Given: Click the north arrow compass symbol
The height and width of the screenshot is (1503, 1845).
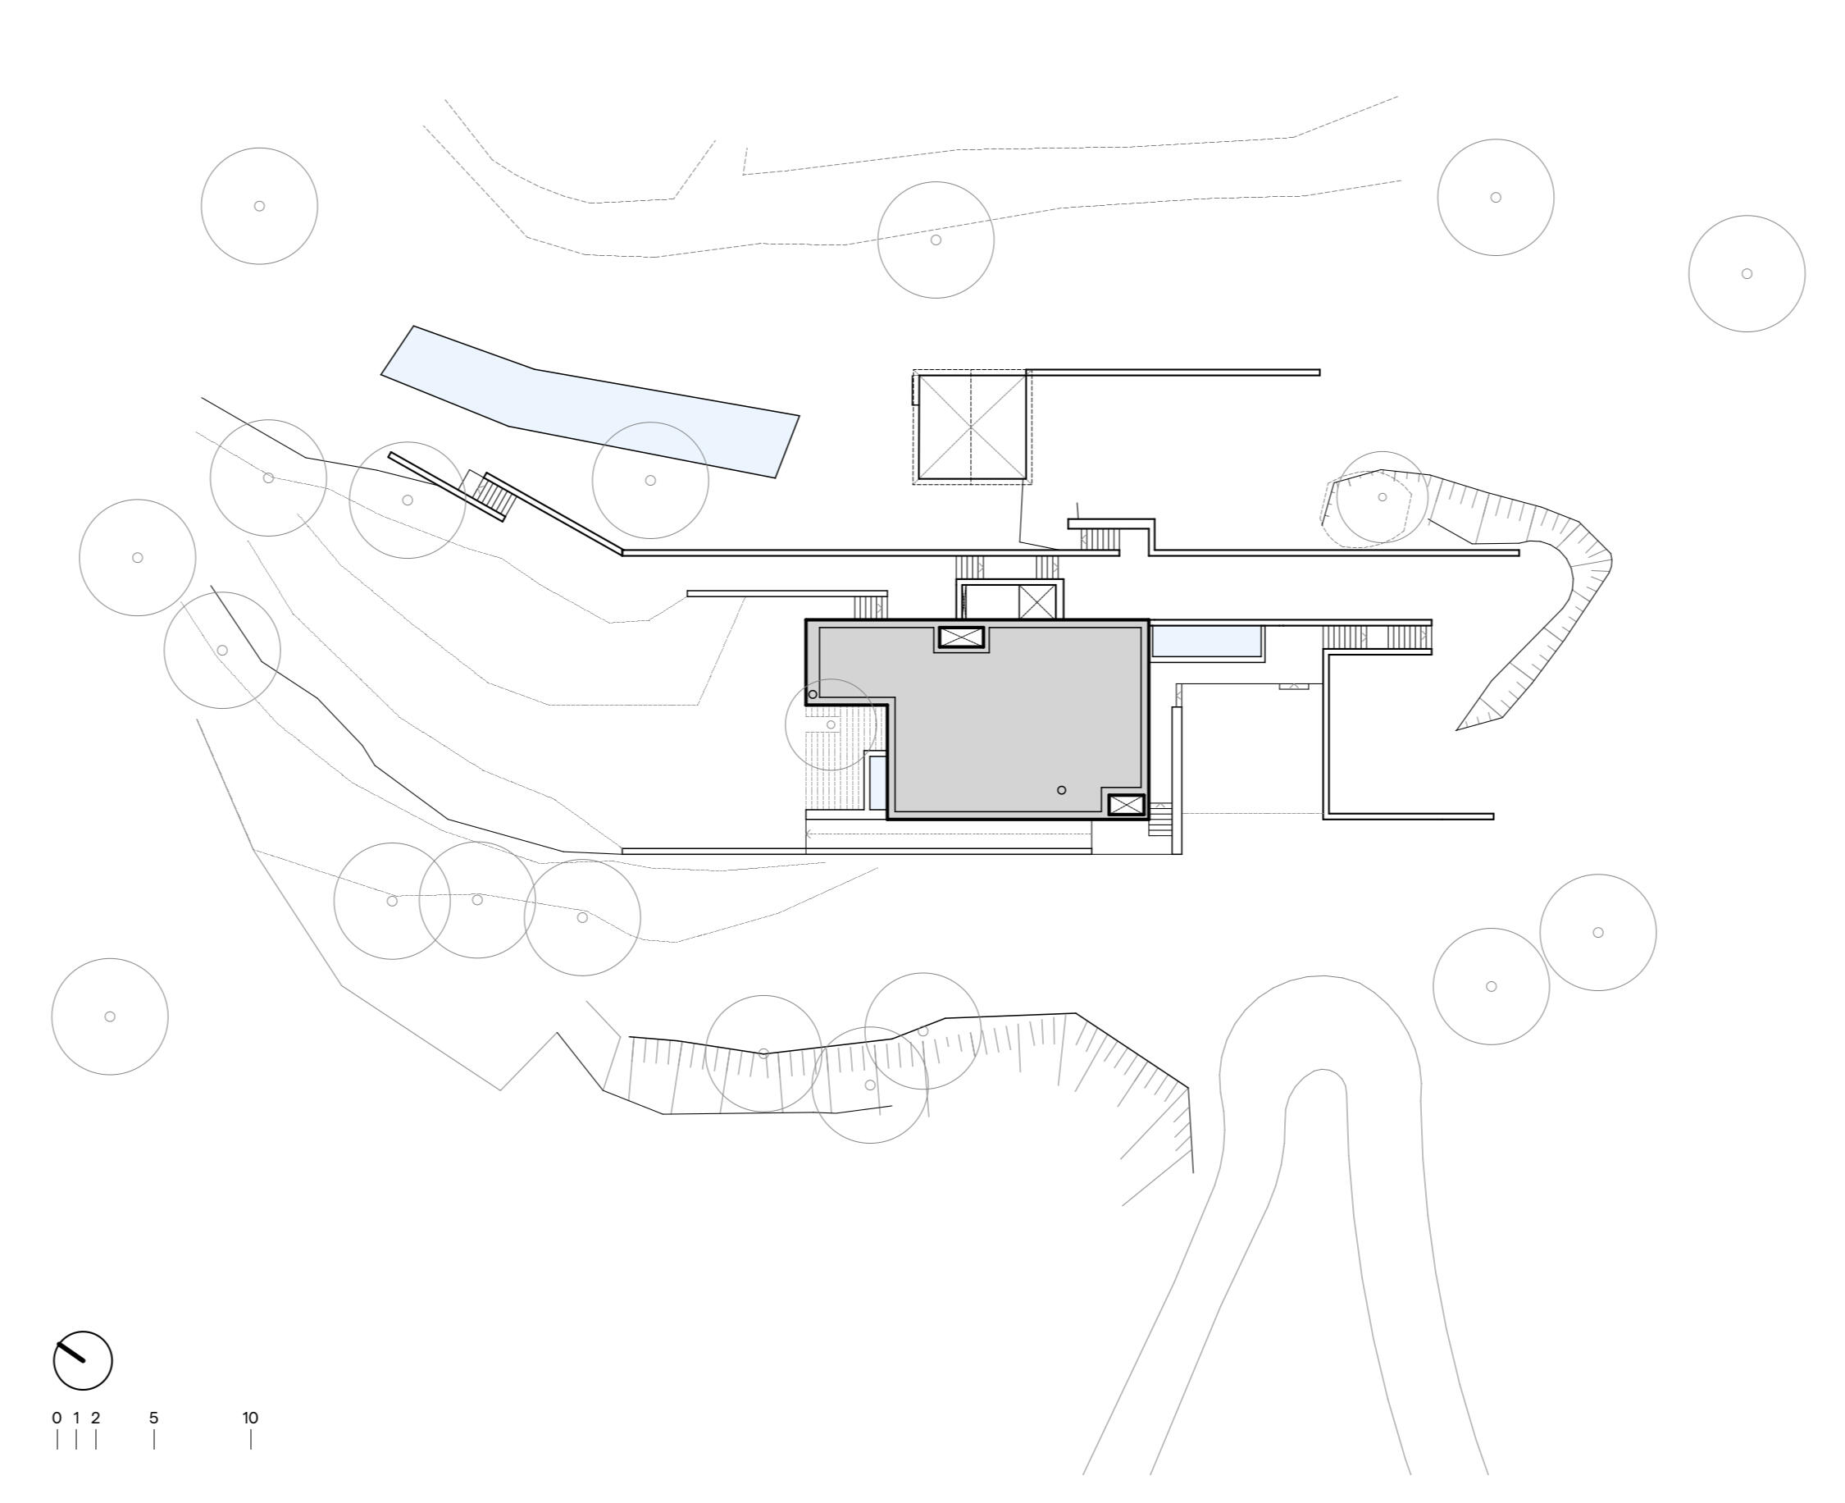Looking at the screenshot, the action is click(83, 1360).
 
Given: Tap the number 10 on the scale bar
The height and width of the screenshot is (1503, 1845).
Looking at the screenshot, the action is click(250, 1418).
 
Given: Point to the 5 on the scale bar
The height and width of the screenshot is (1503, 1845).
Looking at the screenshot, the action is click(154, 1418).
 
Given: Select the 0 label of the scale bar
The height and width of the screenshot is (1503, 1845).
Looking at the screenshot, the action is click(57, 1418).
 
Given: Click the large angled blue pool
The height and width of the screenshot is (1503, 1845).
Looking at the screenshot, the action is click(590, 402).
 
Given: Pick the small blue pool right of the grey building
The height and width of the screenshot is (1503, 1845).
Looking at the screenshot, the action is click(1206, 642).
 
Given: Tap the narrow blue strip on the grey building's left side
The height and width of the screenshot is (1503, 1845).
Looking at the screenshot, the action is click(877, 783).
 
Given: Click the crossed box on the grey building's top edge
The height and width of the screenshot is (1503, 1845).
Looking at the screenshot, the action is click(961, 638).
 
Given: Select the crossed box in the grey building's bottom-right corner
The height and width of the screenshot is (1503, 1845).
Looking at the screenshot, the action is click(1126, 805).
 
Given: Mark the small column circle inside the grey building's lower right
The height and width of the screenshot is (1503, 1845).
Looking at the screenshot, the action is click(1062, 789).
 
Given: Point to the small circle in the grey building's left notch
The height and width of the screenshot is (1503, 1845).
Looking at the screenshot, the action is click(813, 694).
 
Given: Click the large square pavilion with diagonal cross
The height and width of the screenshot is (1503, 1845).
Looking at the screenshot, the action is click(972, 427).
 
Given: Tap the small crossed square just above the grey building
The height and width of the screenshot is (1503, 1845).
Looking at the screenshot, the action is click(1036, 601).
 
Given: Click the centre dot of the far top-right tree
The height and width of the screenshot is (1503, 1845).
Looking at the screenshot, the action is click(1747, 273).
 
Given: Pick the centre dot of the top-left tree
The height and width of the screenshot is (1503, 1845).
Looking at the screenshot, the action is click(259, 206).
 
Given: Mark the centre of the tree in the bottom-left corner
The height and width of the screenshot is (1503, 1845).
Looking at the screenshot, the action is click(110, 1016).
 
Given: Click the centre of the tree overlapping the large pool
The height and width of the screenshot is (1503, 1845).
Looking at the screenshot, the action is click(651, 481).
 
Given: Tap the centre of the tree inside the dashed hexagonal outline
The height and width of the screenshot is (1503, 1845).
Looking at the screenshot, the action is click(1382, 497).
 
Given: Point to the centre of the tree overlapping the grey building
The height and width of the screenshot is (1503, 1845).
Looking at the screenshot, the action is click(831, 724).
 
